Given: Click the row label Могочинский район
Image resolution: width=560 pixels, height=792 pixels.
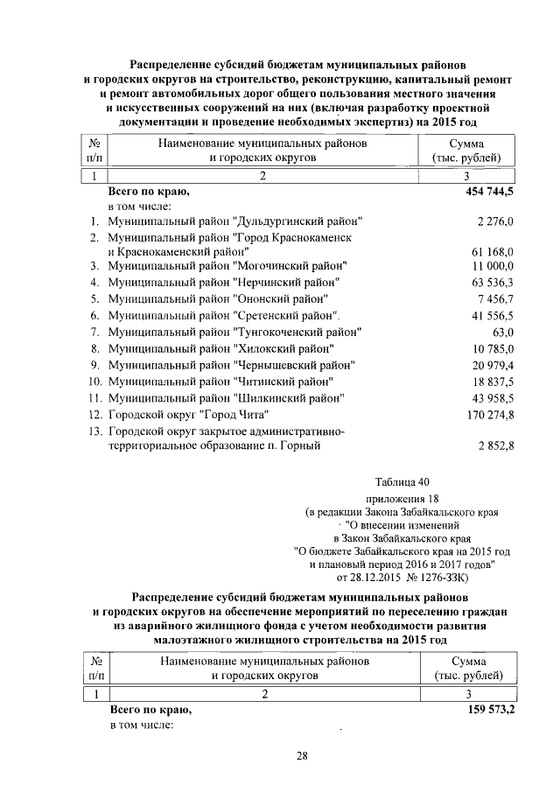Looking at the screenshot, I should (x=221, y=266).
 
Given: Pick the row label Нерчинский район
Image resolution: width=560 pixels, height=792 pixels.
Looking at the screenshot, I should (x=222, y=282).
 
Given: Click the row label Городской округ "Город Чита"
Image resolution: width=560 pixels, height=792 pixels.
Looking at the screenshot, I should (x=187, y=413).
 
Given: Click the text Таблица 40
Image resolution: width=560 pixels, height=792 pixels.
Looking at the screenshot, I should (x=402, y=481).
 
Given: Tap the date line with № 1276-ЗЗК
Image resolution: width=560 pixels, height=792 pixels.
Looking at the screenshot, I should (x=402, y=577).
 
